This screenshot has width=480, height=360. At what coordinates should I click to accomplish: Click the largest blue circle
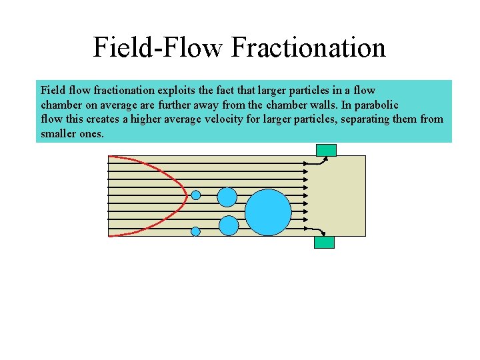pyautogui.click(x=268, y=213)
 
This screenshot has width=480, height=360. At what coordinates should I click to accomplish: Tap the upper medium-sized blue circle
pyautogui.click(x=227, y=197)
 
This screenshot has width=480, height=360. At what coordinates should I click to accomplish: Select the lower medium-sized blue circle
pyautogui.click(x=229, y=226)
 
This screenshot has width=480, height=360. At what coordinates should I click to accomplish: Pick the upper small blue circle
pyautogui.click(x=196, y=195)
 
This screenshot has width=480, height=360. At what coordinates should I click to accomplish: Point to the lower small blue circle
pyautogui.click(x=195, y=231)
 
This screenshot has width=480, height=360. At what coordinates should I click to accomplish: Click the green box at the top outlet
pyautogui.click(x=327, y=150)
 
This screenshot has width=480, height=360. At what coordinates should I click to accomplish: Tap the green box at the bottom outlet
pyautogui.click(x=324, y=242)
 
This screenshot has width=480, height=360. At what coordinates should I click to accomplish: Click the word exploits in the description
pyautogui.click(x=177, y=89)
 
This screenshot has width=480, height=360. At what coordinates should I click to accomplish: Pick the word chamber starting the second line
pyautogui.click(x=60, y=105)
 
